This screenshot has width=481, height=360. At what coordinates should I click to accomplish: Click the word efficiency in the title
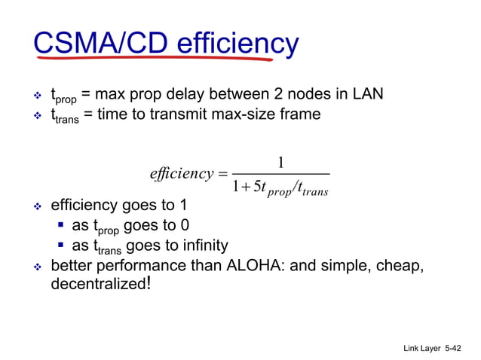pos(237,43)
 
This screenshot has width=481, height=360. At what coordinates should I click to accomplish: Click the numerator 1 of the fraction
pos(280,161)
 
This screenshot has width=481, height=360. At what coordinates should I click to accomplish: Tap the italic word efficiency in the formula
pos(182,174)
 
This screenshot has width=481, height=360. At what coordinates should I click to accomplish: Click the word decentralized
pos(98,285)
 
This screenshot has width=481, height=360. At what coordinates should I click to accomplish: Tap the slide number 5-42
pos(455,349)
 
